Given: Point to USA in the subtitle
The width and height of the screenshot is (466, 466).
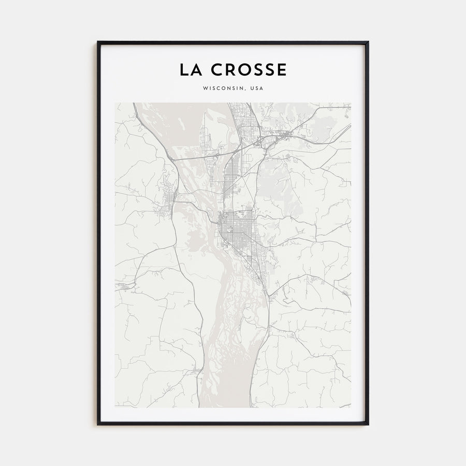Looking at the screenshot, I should pyautogui.click(x=256, y=89).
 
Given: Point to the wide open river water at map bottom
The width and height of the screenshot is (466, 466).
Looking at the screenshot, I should pyautogui.click(x=217, y=378).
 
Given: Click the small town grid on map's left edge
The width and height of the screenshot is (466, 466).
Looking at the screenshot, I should pyautogui.click(x=124, y=285).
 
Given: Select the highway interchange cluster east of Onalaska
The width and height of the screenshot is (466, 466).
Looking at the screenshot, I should pyautogui.click(x=282, y=136).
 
